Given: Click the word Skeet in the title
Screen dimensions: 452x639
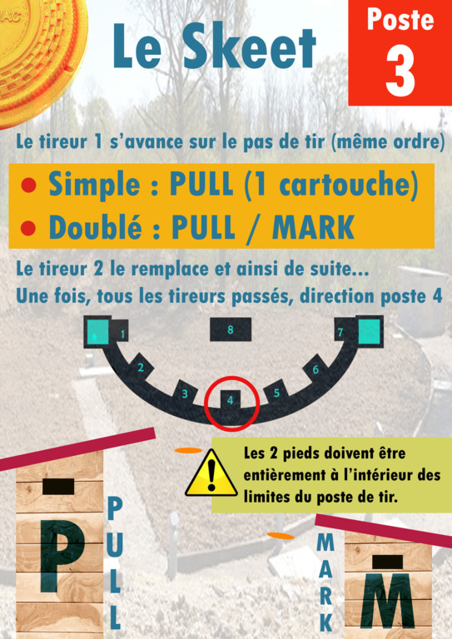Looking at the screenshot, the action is pyautogui.click(x=249, y=46).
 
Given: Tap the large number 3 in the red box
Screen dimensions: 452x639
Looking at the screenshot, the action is pyautogui.click(x=400, y=71).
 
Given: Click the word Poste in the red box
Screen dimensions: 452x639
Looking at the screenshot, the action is pyautogui.click(x=400, y=20).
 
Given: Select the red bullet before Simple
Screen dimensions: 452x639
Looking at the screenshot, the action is pyautogui.click(x=28, y=186).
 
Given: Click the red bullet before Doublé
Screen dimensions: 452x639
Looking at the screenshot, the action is pyautogui.click(x=28, y=228).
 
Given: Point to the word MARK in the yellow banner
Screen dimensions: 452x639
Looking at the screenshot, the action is pyautogui.click(x=313, y=227).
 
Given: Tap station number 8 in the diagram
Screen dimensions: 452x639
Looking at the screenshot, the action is pyautogui.click(x=231, y=329).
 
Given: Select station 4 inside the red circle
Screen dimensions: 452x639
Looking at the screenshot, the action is pyautogui.click(x=230, y=400).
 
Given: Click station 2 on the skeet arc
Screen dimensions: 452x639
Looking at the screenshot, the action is pyautogui.click(x=141, y=368).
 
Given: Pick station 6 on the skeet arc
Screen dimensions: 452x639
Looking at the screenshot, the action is pyautogui.click(x=315, y=369).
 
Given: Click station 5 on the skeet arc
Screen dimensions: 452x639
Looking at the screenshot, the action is pyautogui.click(x=276, y=394).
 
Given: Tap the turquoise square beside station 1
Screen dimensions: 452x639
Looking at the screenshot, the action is pyautogui.click(x=97, y=333).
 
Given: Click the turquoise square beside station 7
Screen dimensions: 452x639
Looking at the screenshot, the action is pyautogui.click(x=370, y=331).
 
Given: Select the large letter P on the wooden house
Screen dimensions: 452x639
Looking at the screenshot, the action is pyautogui.click(x=61, y=556).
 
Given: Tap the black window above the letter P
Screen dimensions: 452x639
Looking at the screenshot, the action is pyautogui.click(x=58, y=487).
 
